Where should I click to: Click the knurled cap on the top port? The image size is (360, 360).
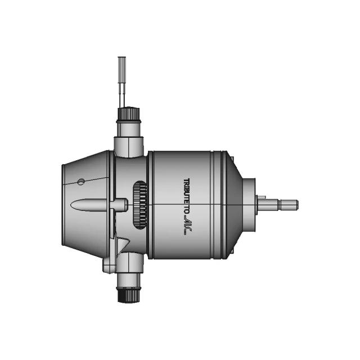pyautogui.click(x=128, y=114)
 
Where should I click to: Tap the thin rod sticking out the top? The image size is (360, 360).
pyautogui.click(x=122, y=79)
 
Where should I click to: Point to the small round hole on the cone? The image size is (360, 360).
pyautogui.click(x=81, y=181)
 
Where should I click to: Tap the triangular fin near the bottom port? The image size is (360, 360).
pyautogui.click(x=122, y=245)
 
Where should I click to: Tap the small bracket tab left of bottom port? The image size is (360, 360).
pyautogui.click(x=108, y=265)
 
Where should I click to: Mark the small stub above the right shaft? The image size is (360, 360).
pyautogui.click(x=262, y=197)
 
